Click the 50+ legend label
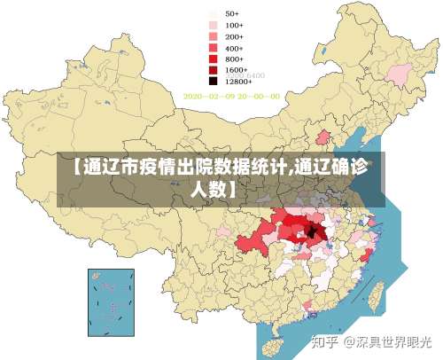(231, 14)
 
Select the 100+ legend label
(234, 25)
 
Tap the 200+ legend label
(234, 36)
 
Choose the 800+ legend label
(234, 58)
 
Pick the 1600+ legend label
(236, 69)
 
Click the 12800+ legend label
(238, 80)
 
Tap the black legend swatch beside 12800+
(214, 80)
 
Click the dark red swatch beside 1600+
(214, 69)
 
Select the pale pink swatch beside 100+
(214, 25)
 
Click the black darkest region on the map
(311, 232)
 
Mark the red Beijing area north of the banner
(323, 138)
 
